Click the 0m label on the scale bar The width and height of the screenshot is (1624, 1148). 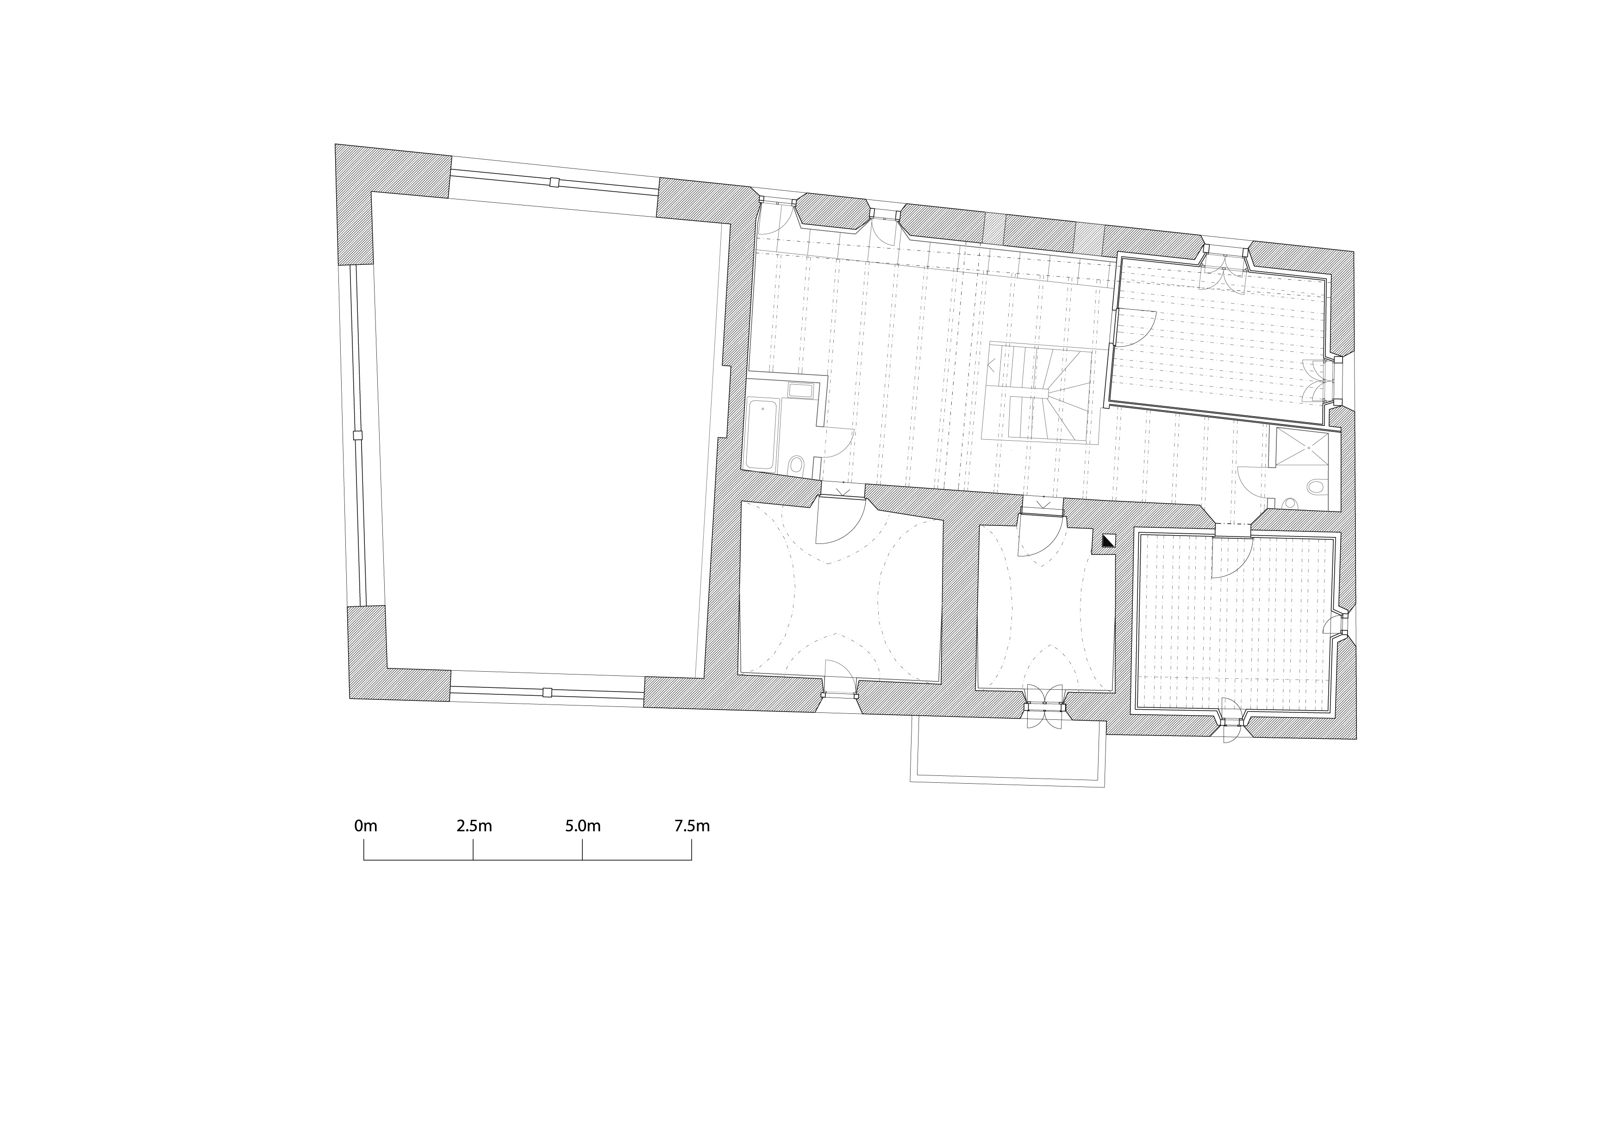(x=366, y=825)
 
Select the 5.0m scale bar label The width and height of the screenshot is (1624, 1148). (x=583, y=825)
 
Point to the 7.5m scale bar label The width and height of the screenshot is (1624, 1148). (x=692, y=825)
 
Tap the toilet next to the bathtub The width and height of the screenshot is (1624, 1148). (x=796, y=465)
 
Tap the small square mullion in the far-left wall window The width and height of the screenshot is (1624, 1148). (x=357, y=435)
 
